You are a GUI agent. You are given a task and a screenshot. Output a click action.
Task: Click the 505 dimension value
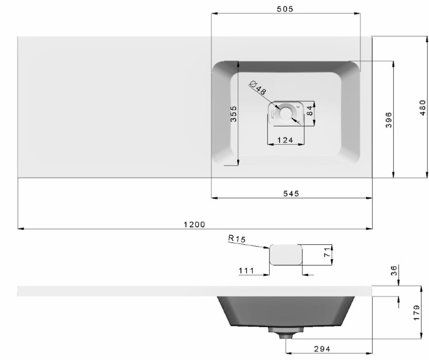(285, 9)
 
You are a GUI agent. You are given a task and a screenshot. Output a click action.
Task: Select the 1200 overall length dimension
(194, 225)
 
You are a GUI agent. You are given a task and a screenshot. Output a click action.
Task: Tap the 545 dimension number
(291, 194)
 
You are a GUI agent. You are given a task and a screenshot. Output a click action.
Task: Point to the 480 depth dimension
(422, 108)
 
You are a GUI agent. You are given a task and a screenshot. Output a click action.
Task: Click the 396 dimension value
(389, 120)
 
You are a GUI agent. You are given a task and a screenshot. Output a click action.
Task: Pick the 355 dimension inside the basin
(233, 114)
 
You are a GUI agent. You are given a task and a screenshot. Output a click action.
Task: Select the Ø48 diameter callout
(258, 88)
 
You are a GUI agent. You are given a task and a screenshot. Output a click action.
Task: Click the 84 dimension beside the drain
(310, 111)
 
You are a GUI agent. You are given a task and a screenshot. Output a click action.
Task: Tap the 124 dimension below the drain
(285, 140)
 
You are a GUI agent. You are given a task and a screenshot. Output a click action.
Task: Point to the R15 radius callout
(237, 238)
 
